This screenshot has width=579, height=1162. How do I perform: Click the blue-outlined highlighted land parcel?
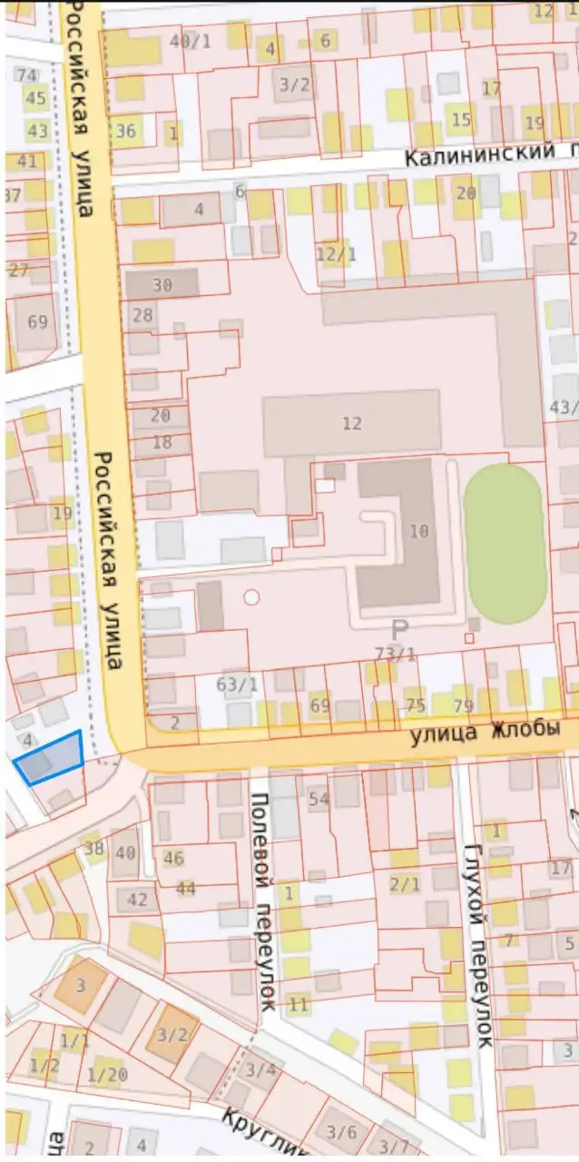pos(50,759)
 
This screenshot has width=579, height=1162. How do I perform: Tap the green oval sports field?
pos(505,543)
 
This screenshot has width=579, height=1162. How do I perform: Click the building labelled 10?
pos(417,531)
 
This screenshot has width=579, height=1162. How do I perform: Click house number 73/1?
pos(396,654)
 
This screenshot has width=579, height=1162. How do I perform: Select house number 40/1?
pos(190,41)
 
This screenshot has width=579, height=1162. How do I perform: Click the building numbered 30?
pos(162,284)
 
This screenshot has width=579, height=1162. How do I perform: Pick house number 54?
pos(319,799)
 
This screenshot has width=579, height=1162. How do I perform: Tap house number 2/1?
pos(405,883)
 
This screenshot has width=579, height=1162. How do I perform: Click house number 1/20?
pos(107,1075)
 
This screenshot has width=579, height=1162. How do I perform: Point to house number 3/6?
pos(341,1131)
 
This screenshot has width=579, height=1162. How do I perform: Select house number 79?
pos(463,705)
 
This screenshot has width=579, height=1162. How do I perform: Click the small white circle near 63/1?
pos(251,597)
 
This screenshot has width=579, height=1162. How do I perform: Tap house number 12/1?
pos(336,254)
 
